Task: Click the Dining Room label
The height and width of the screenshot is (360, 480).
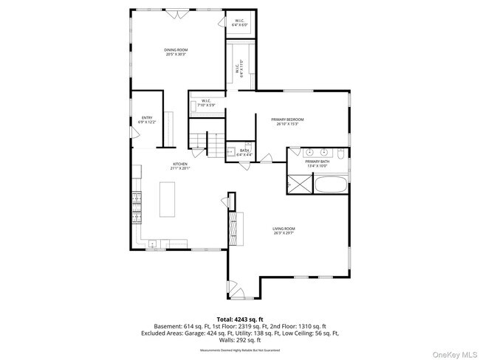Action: coord(175,52)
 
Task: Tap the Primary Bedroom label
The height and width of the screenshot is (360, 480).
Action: coord(287,121)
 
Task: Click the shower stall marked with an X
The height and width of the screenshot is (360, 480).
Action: coord(298,184)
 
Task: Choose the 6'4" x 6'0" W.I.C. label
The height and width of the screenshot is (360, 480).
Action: coord(240,23)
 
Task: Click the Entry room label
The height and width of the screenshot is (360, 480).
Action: coord(147,120)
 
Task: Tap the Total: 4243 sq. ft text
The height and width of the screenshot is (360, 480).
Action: coord(240,317)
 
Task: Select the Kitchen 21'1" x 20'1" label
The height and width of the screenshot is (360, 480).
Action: coord(181,166)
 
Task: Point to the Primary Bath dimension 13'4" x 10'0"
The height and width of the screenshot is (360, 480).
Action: coord(318,165)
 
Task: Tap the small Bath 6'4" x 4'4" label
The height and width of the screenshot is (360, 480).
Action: coord(244,152)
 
